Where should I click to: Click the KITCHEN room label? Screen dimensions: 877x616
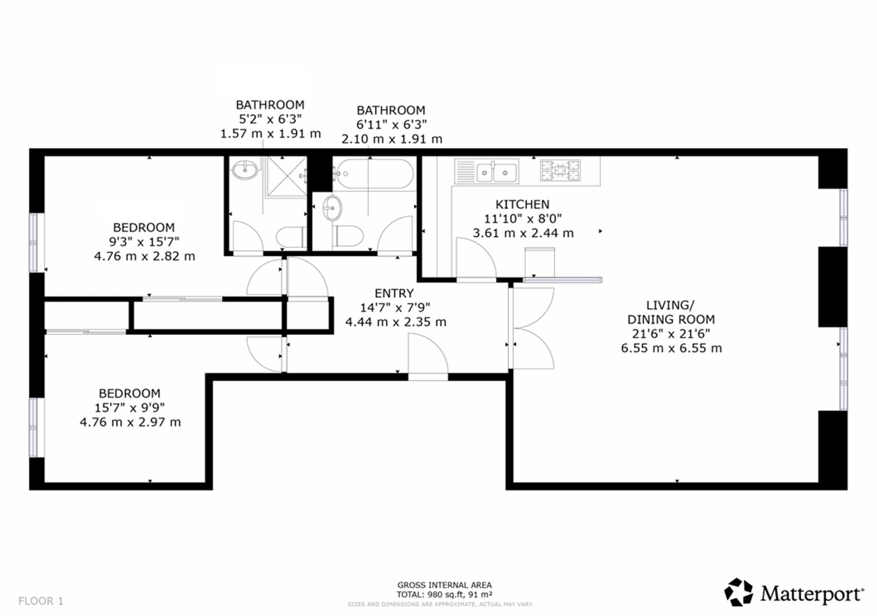pos(522,204)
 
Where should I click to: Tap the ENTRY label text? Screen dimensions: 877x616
pos(394,293)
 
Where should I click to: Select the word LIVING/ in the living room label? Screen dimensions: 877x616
pos(670,305)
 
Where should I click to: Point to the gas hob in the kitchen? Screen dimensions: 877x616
pos(561,171)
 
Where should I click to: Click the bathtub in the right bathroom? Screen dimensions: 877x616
pos(374,174)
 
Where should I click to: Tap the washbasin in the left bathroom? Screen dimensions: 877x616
pos(245,170)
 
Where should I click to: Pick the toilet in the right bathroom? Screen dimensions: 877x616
pos(348,236)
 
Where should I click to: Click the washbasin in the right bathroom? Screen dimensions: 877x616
pos(332,208)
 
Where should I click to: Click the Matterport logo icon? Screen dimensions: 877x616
pos(738,592)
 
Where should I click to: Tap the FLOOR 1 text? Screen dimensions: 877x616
pos(41,601)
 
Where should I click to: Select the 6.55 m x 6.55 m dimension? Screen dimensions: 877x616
pos(671,349)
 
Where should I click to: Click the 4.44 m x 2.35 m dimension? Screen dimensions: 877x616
pos(396,322)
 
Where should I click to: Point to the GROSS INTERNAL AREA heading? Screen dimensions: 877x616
pos(445,585)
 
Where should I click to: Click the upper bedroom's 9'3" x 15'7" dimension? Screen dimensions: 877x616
pos(144,242)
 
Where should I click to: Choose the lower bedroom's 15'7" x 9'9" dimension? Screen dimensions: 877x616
pos(130,408)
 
